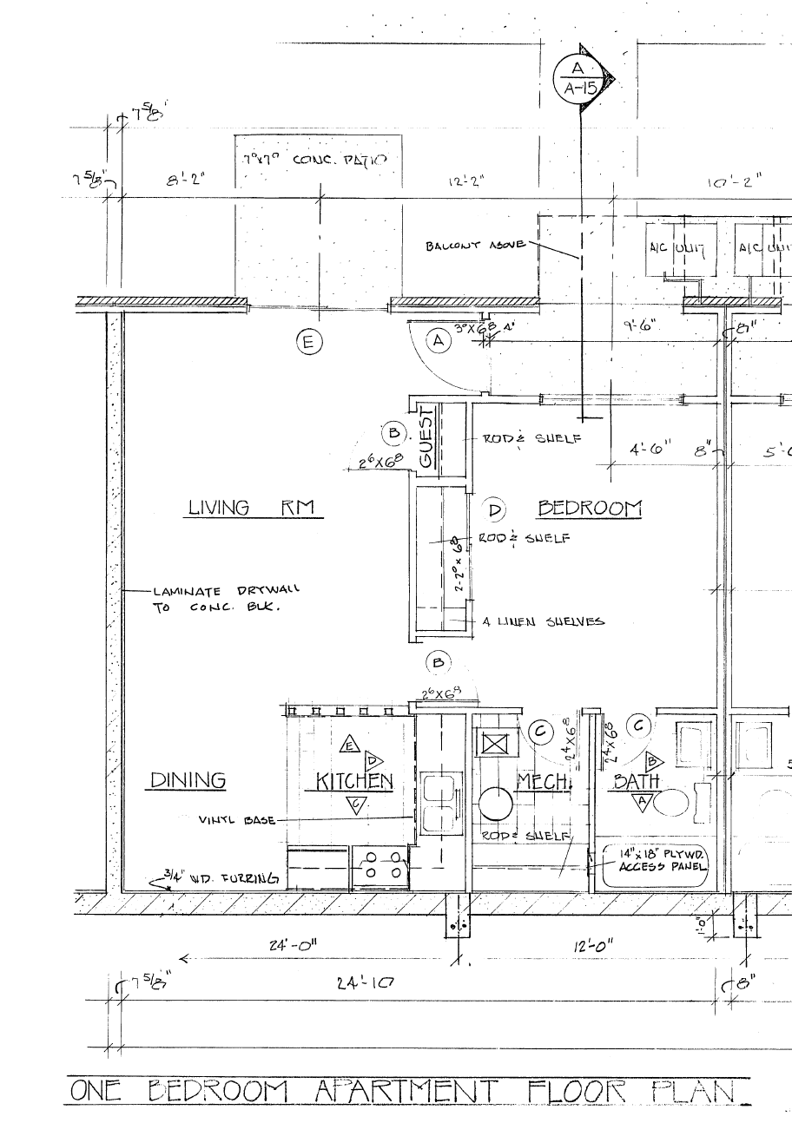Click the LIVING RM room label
(x=250, y=508)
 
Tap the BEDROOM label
(x=590, y=509)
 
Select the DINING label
(x=188, y=780)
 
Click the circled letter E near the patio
(x=307, y=342)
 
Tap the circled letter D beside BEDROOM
(x=496, y=509)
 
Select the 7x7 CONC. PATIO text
(x=318, y=161)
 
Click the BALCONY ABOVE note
(x=474, y=246)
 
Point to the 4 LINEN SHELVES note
(x=544, y=621)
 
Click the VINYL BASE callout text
(x=237, y=819)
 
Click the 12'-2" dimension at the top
(x=465, y=181)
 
